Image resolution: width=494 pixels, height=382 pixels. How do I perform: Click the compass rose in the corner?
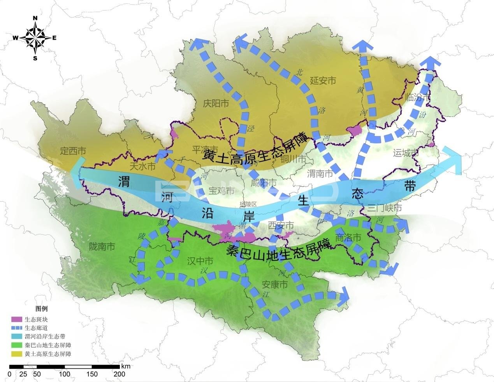pyautogui.click(x=35, y=38)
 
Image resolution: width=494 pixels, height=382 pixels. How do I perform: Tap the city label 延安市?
pyautogui.click(x=323, y=81)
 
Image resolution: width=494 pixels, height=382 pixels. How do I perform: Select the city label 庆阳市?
pyautogui.click(x=216, y=103)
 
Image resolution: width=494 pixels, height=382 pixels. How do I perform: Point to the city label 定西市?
pyautogui.click(x=73, y=151)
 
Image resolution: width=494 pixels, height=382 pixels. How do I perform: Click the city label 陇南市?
pyautogui.click(x=102, y=246)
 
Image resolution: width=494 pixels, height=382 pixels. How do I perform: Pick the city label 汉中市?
pyautogui.click(x=200, y=261)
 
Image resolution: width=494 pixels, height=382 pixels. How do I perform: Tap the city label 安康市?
pyautogui.click(x=275, y=285)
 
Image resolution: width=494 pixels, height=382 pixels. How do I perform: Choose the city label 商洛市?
pyautogui.click(x=348, y=237)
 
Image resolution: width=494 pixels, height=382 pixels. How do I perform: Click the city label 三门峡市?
pyautogui.click(x=385, y=208)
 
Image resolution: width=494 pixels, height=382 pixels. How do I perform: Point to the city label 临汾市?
pyautogui.click(x=417, y=97)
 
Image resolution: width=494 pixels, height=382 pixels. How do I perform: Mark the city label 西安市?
pyautogui.click(x=281, y=225)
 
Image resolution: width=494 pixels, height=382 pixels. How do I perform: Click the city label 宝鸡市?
pyautogui.click(x=222, y=191)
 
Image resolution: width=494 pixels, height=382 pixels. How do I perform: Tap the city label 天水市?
pyautogui.click(x=142, y=167)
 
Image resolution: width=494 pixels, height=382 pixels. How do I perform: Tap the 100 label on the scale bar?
pyautogui.click(x=65, y=374)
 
